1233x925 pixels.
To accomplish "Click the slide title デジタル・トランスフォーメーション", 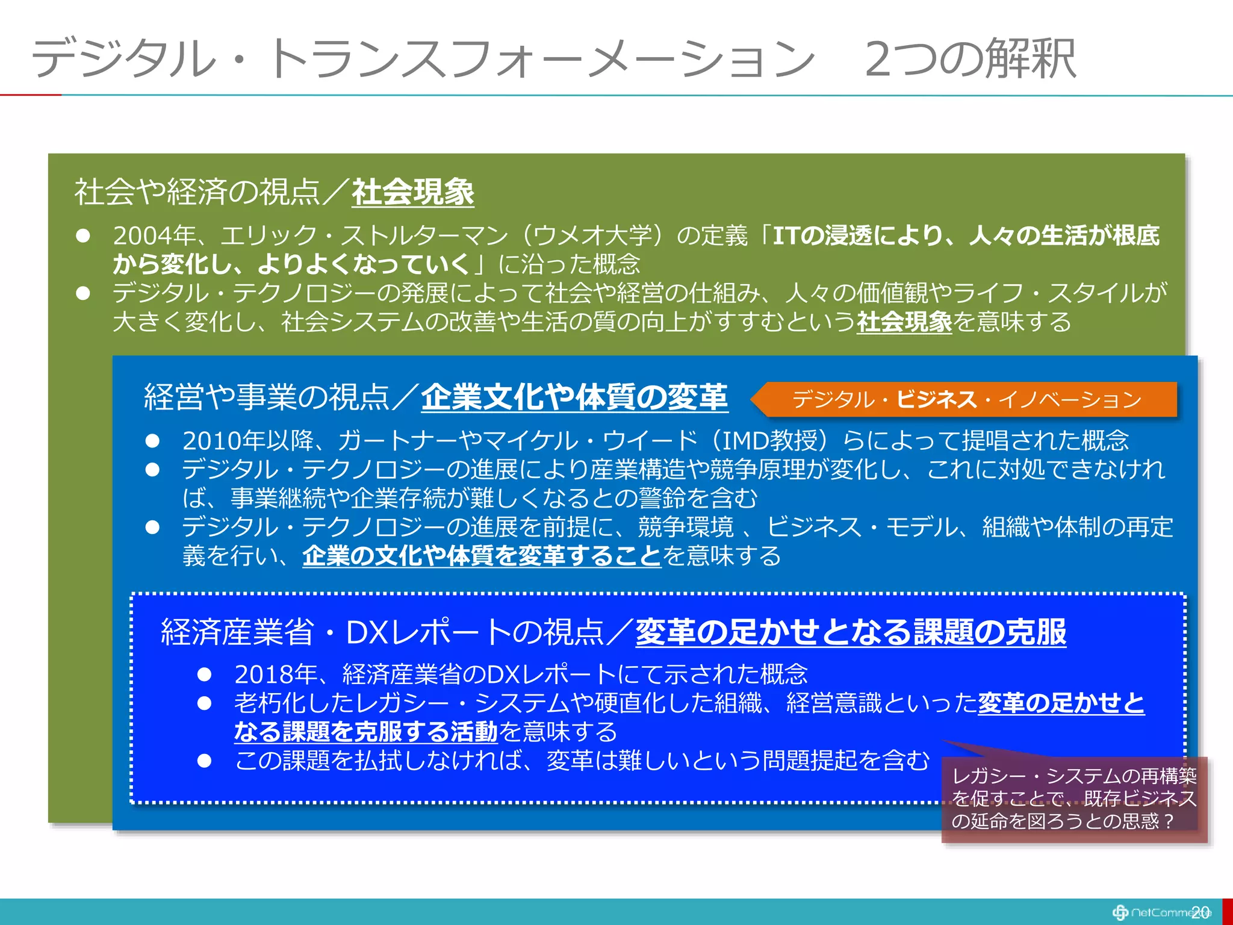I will [421, 58].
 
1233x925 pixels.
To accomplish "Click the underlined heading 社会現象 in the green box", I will [413, 193].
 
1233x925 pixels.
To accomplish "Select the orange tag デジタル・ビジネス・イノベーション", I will [966, 399].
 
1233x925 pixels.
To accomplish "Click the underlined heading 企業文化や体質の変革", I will [574, 397].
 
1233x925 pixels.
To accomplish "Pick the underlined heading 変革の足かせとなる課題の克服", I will [850, 632].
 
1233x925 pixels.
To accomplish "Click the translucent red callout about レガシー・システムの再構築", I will [1074, 799].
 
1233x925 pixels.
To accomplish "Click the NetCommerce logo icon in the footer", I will [1120, 912].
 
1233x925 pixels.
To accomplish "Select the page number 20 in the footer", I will [1200, 912].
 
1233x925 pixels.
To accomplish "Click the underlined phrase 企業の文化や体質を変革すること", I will [482, 556].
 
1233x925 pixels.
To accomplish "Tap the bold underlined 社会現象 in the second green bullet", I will [904, 322].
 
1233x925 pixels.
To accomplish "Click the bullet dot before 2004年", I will [83, 235].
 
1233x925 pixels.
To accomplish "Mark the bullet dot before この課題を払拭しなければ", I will [205, 761].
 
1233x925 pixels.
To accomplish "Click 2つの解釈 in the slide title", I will [969, 58].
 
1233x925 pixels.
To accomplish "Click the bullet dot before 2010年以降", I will [152, 441].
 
